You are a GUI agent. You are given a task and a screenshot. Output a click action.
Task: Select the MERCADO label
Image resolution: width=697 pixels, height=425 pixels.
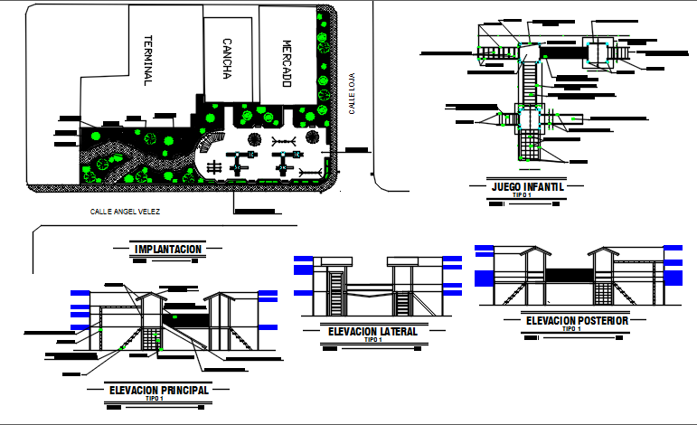(x=286, y=63)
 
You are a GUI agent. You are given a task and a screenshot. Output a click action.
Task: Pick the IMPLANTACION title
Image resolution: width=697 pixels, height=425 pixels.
(x=167, y=249)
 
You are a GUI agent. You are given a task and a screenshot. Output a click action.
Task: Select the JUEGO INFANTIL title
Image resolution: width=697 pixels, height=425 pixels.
(x=528, y=187)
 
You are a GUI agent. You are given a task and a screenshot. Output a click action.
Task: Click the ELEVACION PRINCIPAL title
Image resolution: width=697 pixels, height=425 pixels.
(x=159, y=390)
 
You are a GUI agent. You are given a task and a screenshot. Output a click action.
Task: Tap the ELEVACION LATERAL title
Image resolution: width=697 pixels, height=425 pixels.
(x=372, y=332)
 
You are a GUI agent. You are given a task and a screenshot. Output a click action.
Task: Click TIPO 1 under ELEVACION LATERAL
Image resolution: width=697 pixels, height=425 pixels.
(x=372, y=340)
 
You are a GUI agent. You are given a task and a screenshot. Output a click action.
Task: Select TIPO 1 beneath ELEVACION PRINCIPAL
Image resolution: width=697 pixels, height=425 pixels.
(x=155, y=398)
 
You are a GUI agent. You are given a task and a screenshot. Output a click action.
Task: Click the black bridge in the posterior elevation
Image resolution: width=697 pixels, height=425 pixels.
(x=569, y=274)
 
